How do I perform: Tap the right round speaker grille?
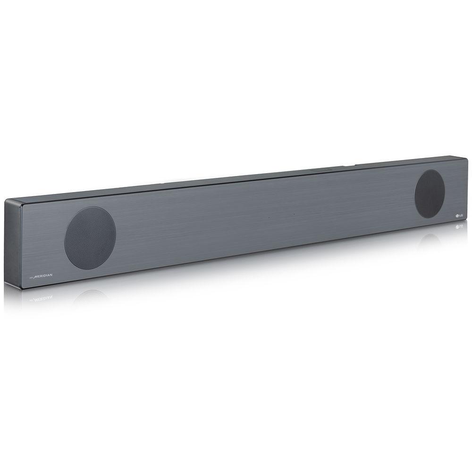click(429, 194)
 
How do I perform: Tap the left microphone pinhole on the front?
click(269, 218)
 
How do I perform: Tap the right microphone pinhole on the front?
click(293, 215)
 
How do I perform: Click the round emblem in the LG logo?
click(456, 216)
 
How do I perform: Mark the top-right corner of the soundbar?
click(466, 159)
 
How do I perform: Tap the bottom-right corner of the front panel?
click(467, 222)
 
